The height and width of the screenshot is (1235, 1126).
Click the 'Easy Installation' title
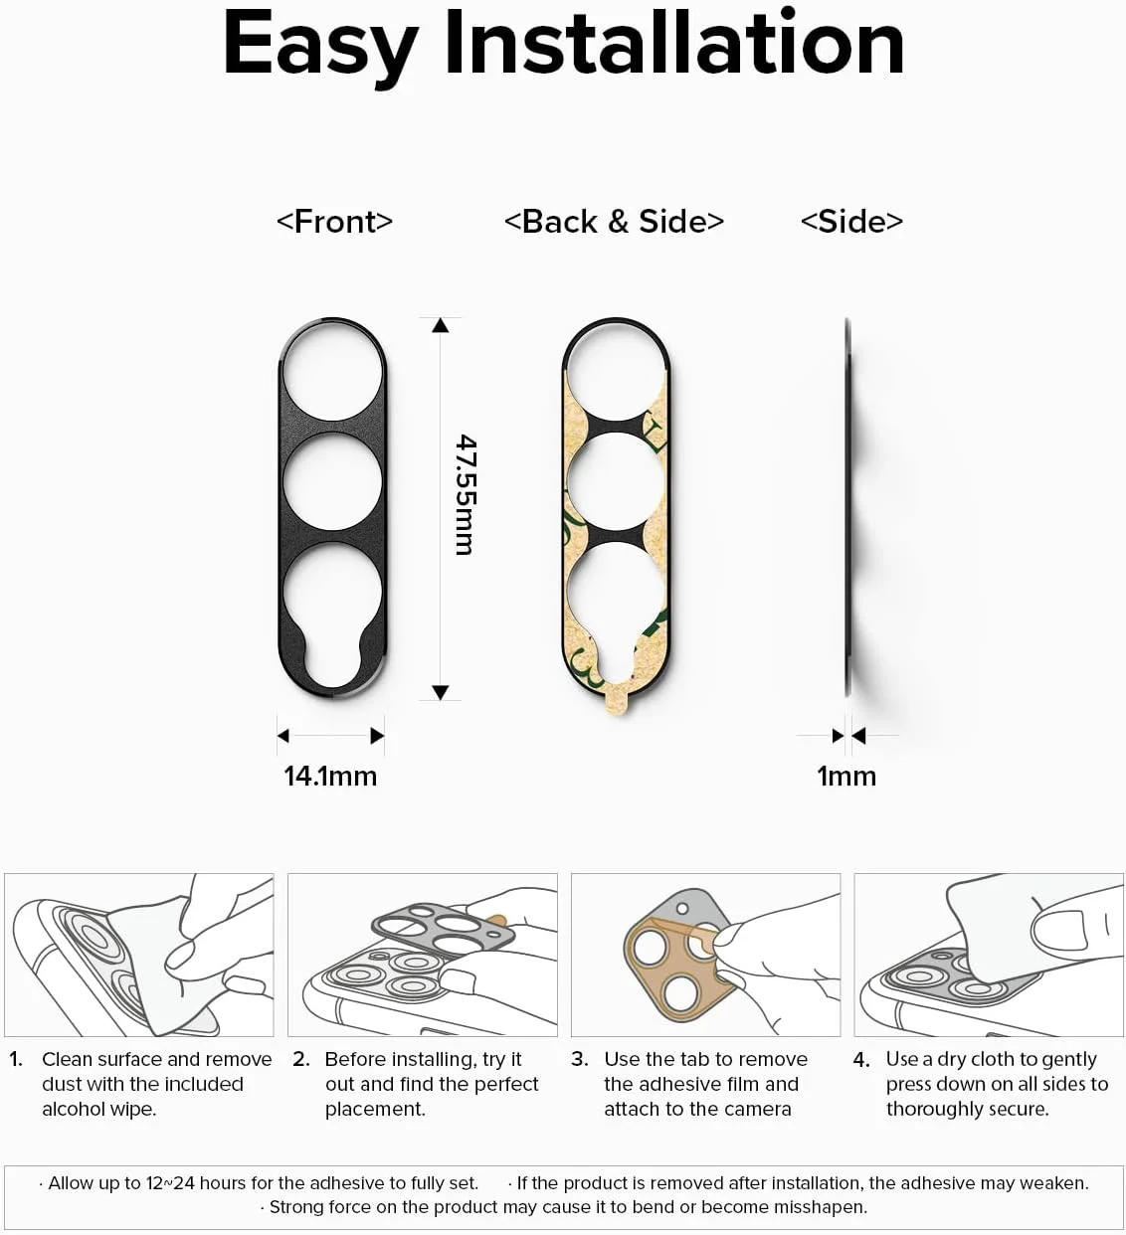pos(563,45)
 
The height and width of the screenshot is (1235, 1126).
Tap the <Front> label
pos(334,221)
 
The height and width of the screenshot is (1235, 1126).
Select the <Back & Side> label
pos(614,221)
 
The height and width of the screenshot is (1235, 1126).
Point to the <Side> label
pos(851,221)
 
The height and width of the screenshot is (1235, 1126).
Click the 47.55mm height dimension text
pos(465,494)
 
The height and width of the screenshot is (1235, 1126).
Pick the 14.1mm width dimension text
pos(330,776)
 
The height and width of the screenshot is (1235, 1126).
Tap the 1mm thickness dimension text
pos(846,776)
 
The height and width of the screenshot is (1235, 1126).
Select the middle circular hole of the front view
pos(332,482)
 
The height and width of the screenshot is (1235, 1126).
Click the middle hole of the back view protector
pos(616,482)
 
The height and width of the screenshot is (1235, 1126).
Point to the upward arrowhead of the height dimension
pos(441,325)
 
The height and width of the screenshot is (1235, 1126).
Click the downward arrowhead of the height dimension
pos(441,692)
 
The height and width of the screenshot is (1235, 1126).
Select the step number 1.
pos(16,1059)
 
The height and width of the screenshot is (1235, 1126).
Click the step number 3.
pos(579,1059)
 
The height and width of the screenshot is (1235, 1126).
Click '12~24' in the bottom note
pos(170,1183)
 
